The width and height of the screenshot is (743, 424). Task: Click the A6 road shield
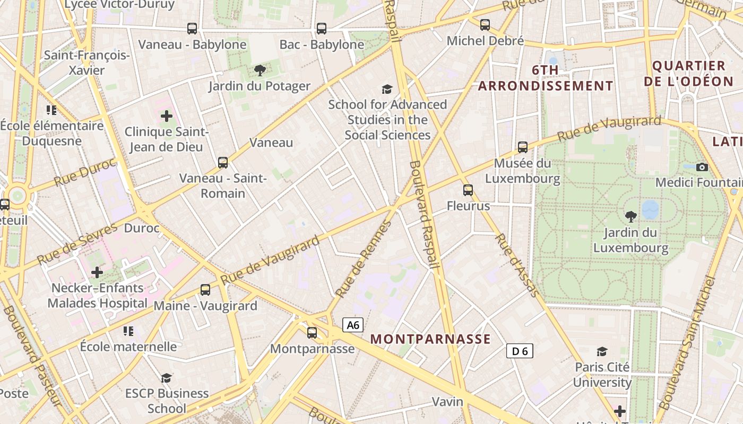tap(353, 325)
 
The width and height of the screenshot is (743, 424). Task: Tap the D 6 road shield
tap(520, 350)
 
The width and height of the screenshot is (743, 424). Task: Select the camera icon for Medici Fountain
tap(702, 167)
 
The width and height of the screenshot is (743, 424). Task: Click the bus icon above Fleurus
tap(468, 190)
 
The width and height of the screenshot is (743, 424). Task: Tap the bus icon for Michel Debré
tap(485, 25)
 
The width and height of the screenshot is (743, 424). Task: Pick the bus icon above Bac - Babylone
tap(322, 29)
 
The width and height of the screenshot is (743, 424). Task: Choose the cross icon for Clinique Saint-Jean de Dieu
tap(167, 116)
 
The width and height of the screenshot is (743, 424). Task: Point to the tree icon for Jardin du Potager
tap(260, 70)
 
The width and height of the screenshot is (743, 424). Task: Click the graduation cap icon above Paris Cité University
tap(602, 351)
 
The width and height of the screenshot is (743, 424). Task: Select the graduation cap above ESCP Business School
tap(167, 378)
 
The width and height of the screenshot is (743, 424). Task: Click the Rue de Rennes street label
tap(364, 259)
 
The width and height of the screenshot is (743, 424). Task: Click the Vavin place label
tap(447, 401)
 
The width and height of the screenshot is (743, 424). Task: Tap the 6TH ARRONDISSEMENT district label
tap(546, 78)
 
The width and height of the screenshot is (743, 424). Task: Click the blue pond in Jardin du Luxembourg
tap(650, 209)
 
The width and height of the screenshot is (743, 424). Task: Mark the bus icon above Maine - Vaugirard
tap(205, 290)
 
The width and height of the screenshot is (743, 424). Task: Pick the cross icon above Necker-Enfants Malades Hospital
tap(97, 272)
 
